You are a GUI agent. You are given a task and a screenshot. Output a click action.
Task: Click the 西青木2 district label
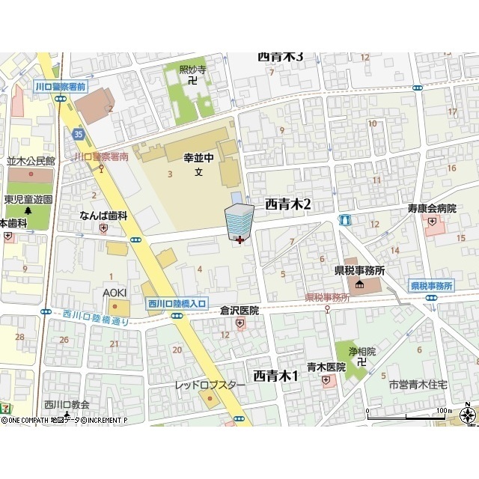pos(287,204)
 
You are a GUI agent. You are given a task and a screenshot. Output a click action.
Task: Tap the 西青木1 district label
pos(275,375)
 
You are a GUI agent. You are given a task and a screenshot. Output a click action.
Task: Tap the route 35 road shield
pos(78,133)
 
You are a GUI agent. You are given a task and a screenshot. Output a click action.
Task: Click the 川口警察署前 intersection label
pos(61,87)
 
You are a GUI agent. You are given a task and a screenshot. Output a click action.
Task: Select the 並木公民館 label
pos(31,161)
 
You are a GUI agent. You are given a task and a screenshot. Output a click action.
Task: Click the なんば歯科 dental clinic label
pos(104,216)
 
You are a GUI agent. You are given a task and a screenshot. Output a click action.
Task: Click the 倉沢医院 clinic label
pos(239,309)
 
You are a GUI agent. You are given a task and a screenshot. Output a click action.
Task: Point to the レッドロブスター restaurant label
pos(210,385)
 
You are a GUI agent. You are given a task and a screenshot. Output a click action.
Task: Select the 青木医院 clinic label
pos(326,367)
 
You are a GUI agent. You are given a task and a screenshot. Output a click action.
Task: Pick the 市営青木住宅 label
pos(418,384)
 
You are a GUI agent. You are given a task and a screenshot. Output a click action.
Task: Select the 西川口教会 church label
pos(67,405)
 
